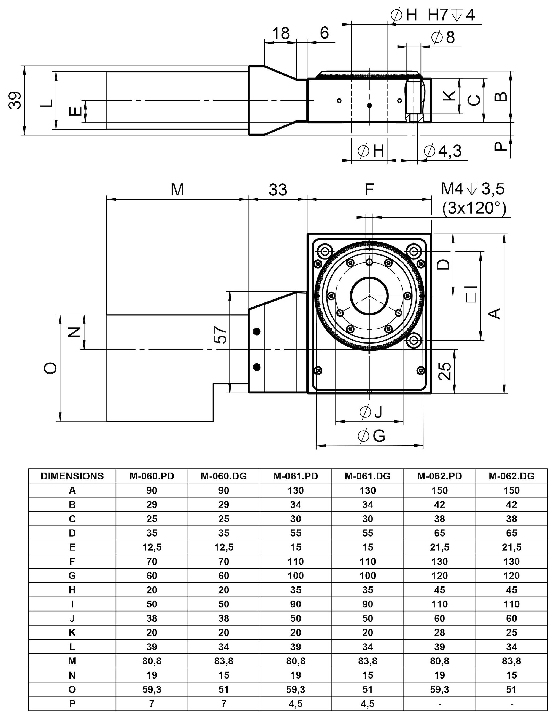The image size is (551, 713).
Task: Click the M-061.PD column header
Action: tap(296, 476)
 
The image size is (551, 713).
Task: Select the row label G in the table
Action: tap(72, 576)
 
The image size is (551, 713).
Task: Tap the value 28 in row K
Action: tap(439, 632)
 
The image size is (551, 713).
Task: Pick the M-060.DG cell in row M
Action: tap(224, 661)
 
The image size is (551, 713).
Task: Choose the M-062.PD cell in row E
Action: tap(439, 547)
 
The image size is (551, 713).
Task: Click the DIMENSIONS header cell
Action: tap(72, 476)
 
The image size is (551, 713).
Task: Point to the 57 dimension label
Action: tap(221, 335)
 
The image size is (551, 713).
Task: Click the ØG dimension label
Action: tap(372, 436)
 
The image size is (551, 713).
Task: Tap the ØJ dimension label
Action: tap(371, 412)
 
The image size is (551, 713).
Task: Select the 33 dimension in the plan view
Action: tap(278, 190)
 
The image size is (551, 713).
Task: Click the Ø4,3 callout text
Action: tap(443, 151)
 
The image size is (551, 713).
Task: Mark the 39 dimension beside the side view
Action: tap(15, 100)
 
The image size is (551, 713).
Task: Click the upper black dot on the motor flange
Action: tap(257, 332)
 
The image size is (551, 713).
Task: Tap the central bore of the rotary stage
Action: tap(369, 296)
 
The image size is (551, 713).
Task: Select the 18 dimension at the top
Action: tap(280, 33)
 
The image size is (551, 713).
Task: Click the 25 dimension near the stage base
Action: tap(445, 371)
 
